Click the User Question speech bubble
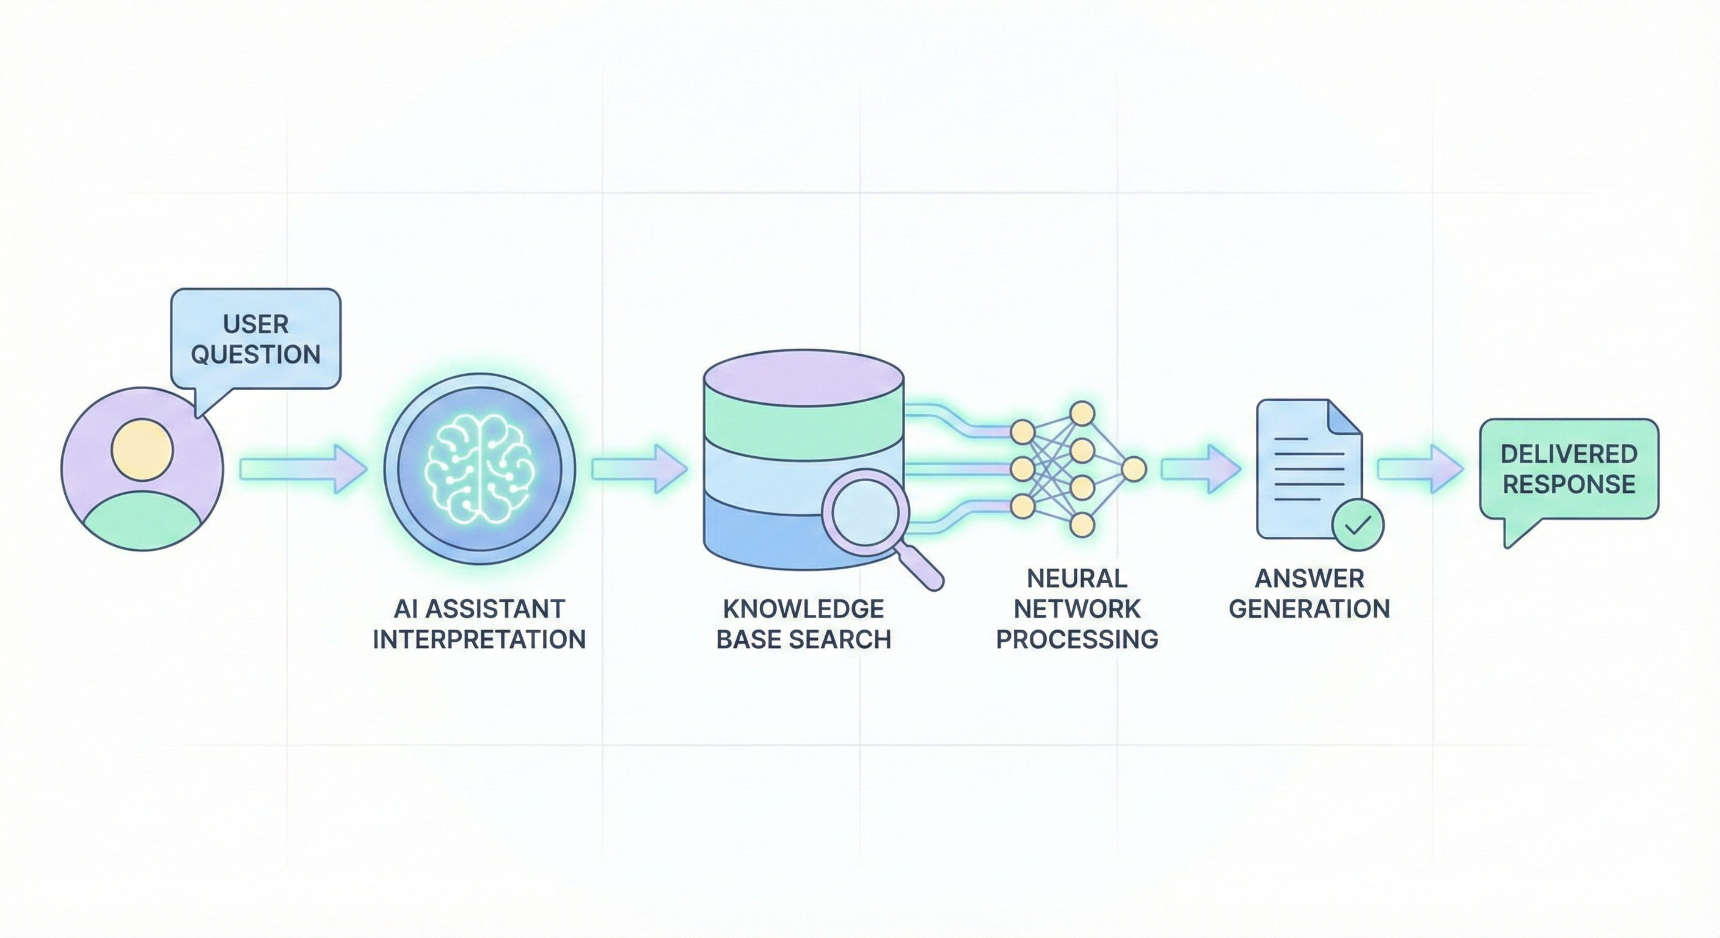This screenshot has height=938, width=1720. tap(256, 338)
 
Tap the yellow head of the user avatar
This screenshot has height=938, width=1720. tap(142, 449)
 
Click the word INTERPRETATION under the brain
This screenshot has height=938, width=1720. tap(479, 639)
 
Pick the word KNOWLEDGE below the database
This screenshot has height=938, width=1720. tap(803, 609)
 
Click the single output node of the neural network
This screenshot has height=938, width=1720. tap(1133, 470)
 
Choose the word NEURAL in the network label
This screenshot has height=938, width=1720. tap(1076, 578)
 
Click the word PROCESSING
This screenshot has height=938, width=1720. tap(1076, 639)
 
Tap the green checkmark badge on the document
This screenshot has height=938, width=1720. tap(1357, 525)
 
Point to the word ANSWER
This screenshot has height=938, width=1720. tap(1310, 578)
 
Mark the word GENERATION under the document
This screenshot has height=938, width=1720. tap(1310, 609)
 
